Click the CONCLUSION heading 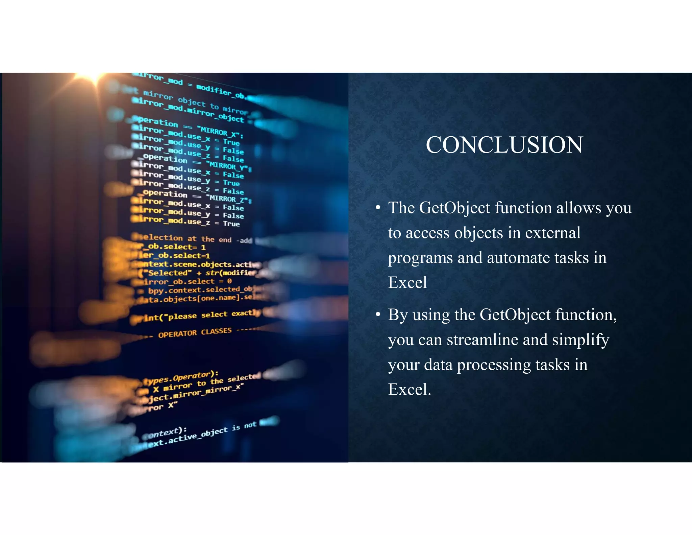pos(504,145)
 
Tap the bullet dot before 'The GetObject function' pos(378,207)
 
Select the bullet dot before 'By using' pos(378,314)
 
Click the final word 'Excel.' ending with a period pos(410,389)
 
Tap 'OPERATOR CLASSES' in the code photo pos(195,332)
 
